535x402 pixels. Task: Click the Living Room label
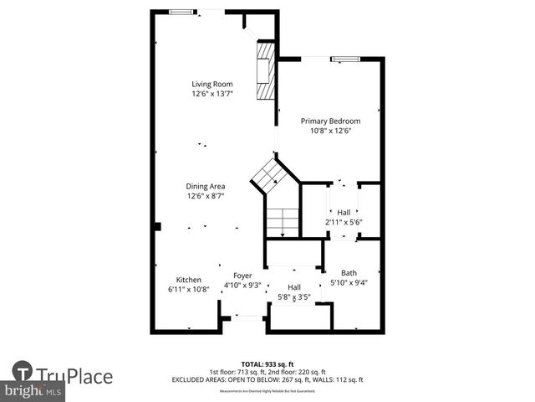211,84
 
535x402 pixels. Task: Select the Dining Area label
206,186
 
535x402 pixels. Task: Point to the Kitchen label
188,280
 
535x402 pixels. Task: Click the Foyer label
242,275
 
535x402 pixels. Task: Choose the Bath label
349,272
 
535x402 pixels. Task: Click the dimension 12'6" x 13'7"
211,94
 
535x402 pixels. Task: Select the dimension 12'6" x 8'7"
206,196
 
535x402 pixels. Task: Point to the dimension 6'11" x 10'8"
188,290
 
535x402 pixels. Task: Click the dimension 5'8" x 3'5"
293,297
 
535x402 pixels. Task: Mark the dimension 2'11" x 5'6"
343,223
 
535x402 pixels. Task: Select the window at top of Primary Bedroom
344,59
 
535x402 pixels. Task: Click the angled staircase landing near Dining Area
272,175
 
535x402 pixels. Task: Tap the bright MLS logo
33,391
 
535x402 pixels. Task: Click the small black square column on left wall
156,226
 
